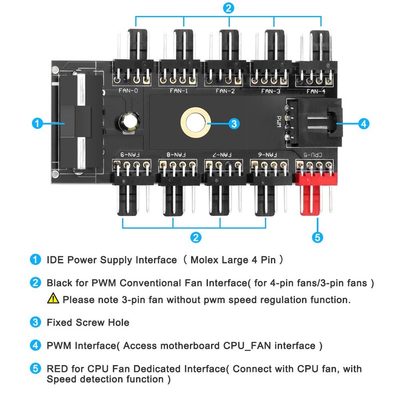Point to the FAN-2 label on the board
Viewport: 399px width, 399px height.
coord(225,91)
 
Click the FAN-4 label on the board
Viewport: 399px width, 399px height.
coord(316,91)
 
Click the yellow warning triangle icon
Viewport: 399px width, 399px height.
coord(53,299)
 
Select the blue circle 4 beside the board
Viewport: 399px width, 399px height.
coord(364,123)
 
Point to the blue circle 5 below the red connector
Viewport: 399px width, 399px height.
coord(317,237)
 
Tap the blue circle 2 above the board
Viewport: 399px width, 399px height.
coord(228,7)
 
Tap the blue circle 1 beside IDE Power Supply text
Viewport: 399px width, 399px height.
coord(35,260)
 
